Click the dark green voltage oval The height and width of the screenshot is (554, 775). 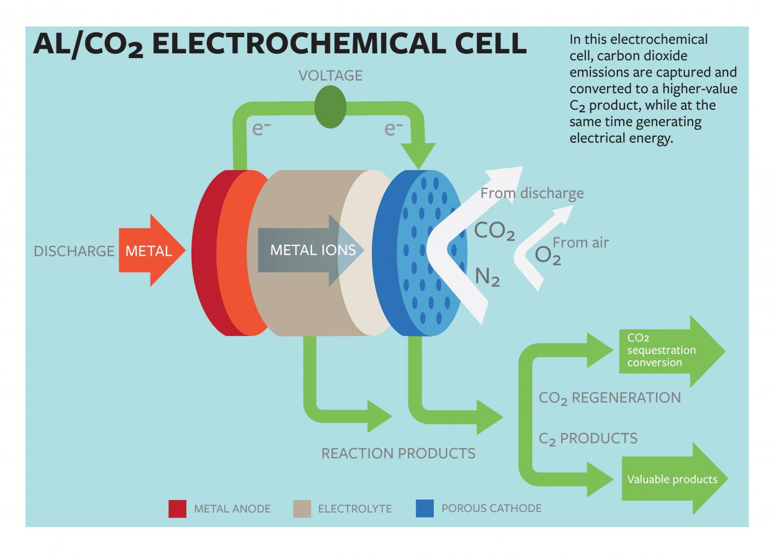pyautogui.click(x=330, y=108)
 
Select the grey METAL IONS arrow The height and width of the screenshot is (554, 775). pyautogui.click(x=307, y=250)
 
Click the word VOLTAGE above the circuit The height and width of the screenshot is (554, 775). pyautogui.click(x=330, y=75)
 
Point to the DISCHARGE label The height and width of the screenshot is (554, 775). pyautogui.click(x=74, y=251)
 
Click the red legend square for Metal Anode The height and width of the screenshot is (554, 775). pyautogui.click(x=177, y=508)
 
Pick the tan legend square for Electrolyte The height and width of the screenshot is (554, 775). pyautogui.click(x=302, y=508)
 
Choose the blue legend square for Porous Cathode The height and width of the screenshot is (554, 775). pyautogui.click(x=425, y=508)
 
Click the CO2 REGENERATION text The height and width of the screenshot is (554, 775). pyautogui.click(x=609, y=398)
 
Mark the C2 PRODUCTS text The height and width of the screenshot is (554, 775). pyautogui.click(x=588, y=439)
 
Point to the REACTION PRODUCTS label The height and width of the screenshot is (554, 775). pyautogui.click(x=398, y=453)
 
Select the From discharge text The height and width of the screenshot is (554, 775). pyautogui.click(x=532, y=193)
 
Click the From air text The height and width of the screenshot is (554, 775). pyautogui.click(x=581, y=243)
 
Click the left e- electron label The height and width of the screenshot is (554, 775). pyautogui.click(x=258, y=129)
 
